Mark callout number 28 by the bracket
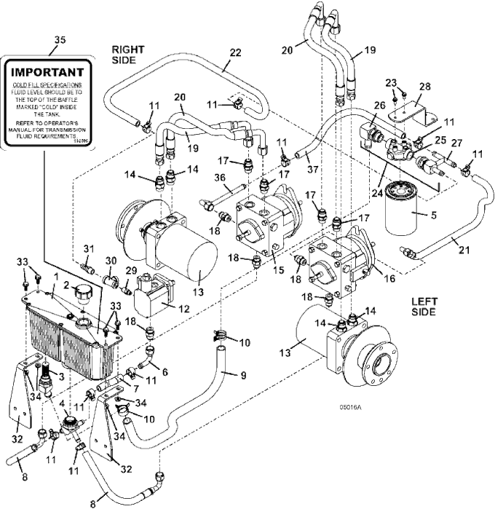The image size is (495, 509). [x=424, y=86]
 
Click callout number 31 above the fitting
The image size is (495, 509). [x=87, y=249]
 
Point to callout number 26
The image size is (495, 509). [x=379, y=107]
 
